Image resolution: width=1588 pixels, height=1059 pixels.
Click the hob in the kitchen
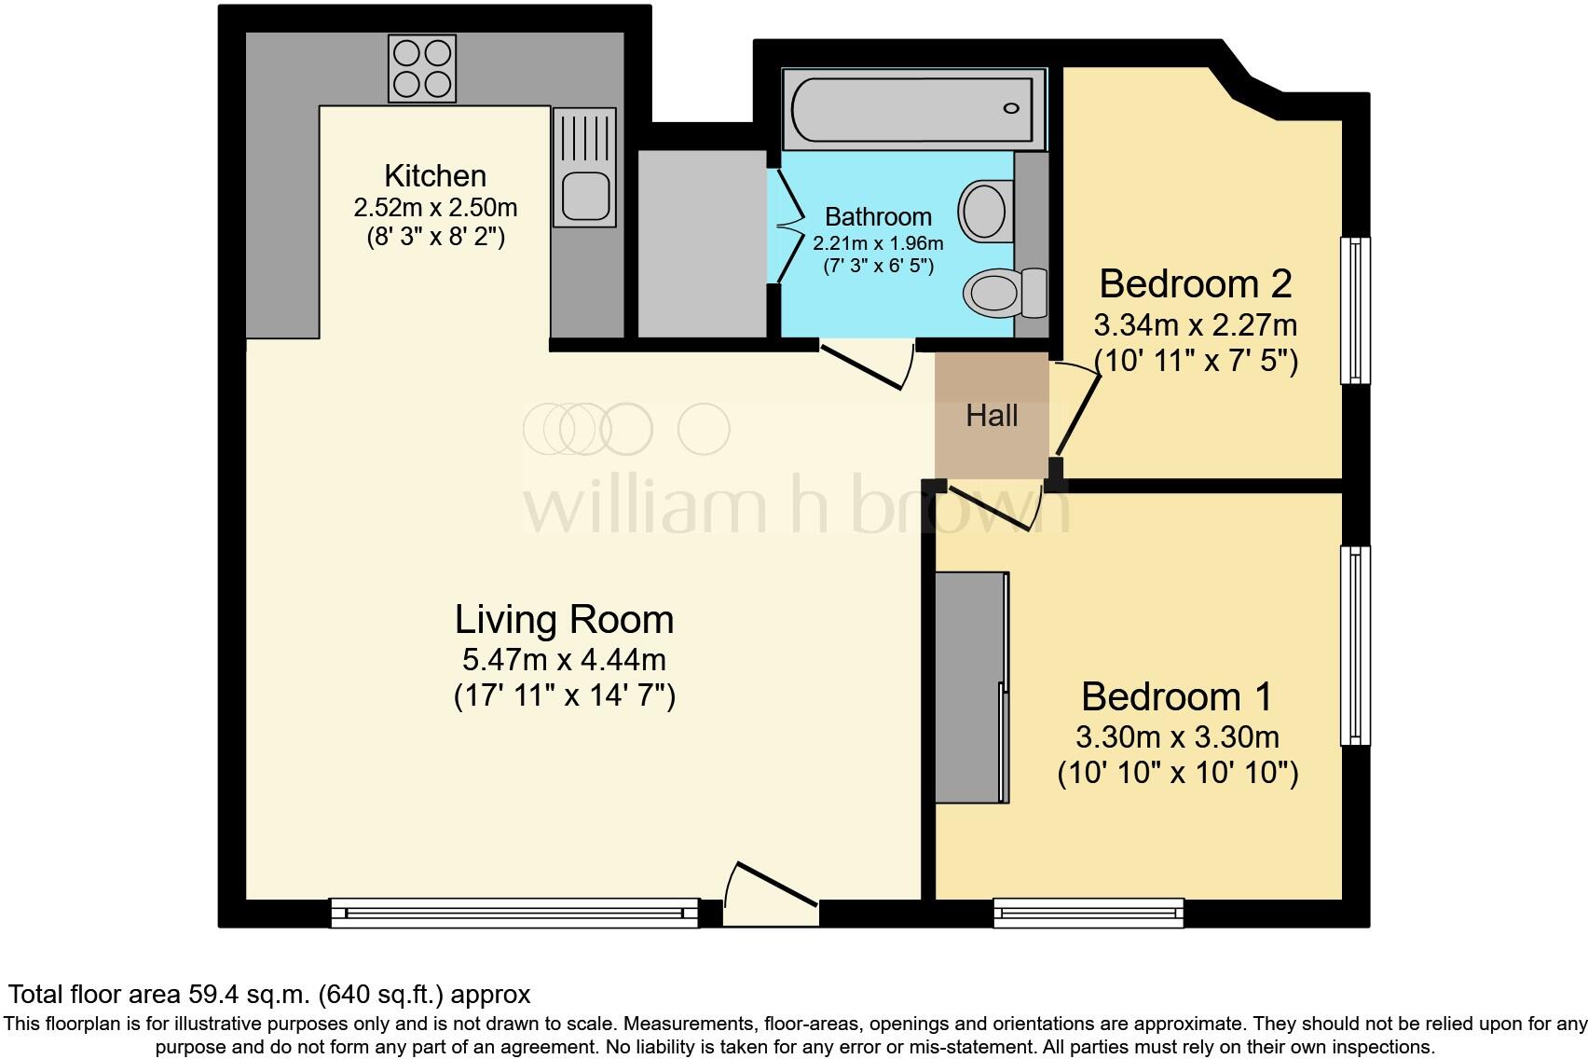point(422,69)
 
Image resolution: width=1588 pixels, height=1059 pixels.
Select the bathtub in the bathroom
point(912,109)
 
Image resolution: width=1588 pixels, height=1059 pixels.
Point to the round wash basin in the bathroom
point(984,210)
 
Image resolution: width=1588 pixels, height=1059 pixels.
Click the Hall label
point(992,416)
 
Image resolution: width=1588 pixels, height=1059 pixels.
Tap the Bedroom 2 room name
point(1196,283)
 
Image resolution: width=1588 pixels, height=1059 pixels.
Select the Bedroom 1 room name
point(1177,696)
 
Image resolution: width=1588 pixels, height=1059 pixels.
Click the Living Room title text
point(564,619)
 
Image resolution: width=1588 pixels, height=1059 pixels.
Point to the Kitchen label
point(435,175)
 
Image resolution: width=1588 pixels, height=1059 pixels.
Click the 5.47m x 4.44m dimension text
point(564,660)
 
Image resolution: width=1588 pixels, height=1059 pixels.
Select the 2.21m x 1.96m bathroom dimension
point(878,244)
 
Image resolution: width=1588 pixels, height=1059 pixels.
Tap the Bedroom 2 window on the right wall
point(1355,309)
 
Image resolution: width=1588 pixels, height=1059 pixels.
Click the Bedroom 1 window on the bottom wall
point(1088,912)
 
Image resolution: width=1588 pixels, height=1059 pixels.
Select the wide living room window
point(514,912)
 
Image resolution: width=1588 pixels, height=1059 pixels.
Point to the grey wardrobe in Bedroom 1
point(971,687)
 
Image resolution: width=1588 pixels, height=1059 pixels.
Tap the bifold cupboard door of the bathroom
point(786,224)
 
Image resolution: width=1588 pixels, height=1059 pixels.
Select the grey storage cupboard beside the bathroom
point(702,243)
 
